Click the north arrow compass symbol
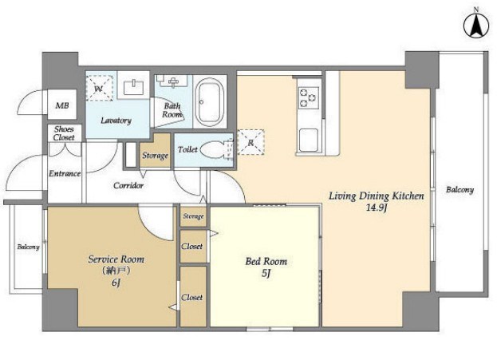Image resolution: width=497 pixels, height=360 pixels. click(x=475, y=26)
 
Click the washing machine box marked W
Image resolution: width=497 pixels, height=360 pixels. click(x=100, y=88)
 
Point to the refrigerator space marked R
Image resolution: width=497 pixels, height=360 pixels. click(x=250, y=142)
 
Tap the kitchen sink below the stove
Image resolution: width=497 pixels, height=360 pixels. click(x=309, y=140)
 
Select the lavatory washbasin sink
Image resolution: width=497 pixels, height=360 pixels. click(x=133, y=86)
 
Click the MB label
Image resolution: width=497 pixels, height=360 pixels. click(x=62, y=105)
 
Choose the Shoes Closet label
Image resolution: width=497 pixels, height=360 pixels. click(x=64, y=133)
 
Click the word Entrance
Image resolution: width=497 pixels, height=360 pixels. click(x=65, y=173)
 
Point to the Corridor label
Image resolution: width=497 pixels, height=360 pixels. click(x=128, y=185)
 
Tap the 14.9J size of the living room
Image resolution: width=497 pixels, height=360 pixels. click(x=377, y=208)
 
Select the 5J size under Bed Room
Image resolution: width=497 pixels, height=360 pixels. click(x=266, y=274)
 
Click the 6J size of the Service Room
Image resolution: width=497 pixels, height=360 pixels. click(x=116, y=283)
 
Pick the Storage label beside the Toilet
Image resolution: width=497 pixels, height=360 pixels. click(x=155, y=156)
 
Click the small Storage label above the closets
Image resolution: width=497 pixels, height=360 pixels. click(x=193, y=216)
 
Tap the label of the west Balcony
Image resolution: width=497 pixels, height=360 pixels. click(x=28, y=247)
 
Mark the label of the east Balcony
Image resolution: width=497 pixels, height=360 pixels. click(x=460, y=190)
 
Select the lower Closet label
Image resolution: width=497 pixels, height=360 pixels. click(x=192, y=298)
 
